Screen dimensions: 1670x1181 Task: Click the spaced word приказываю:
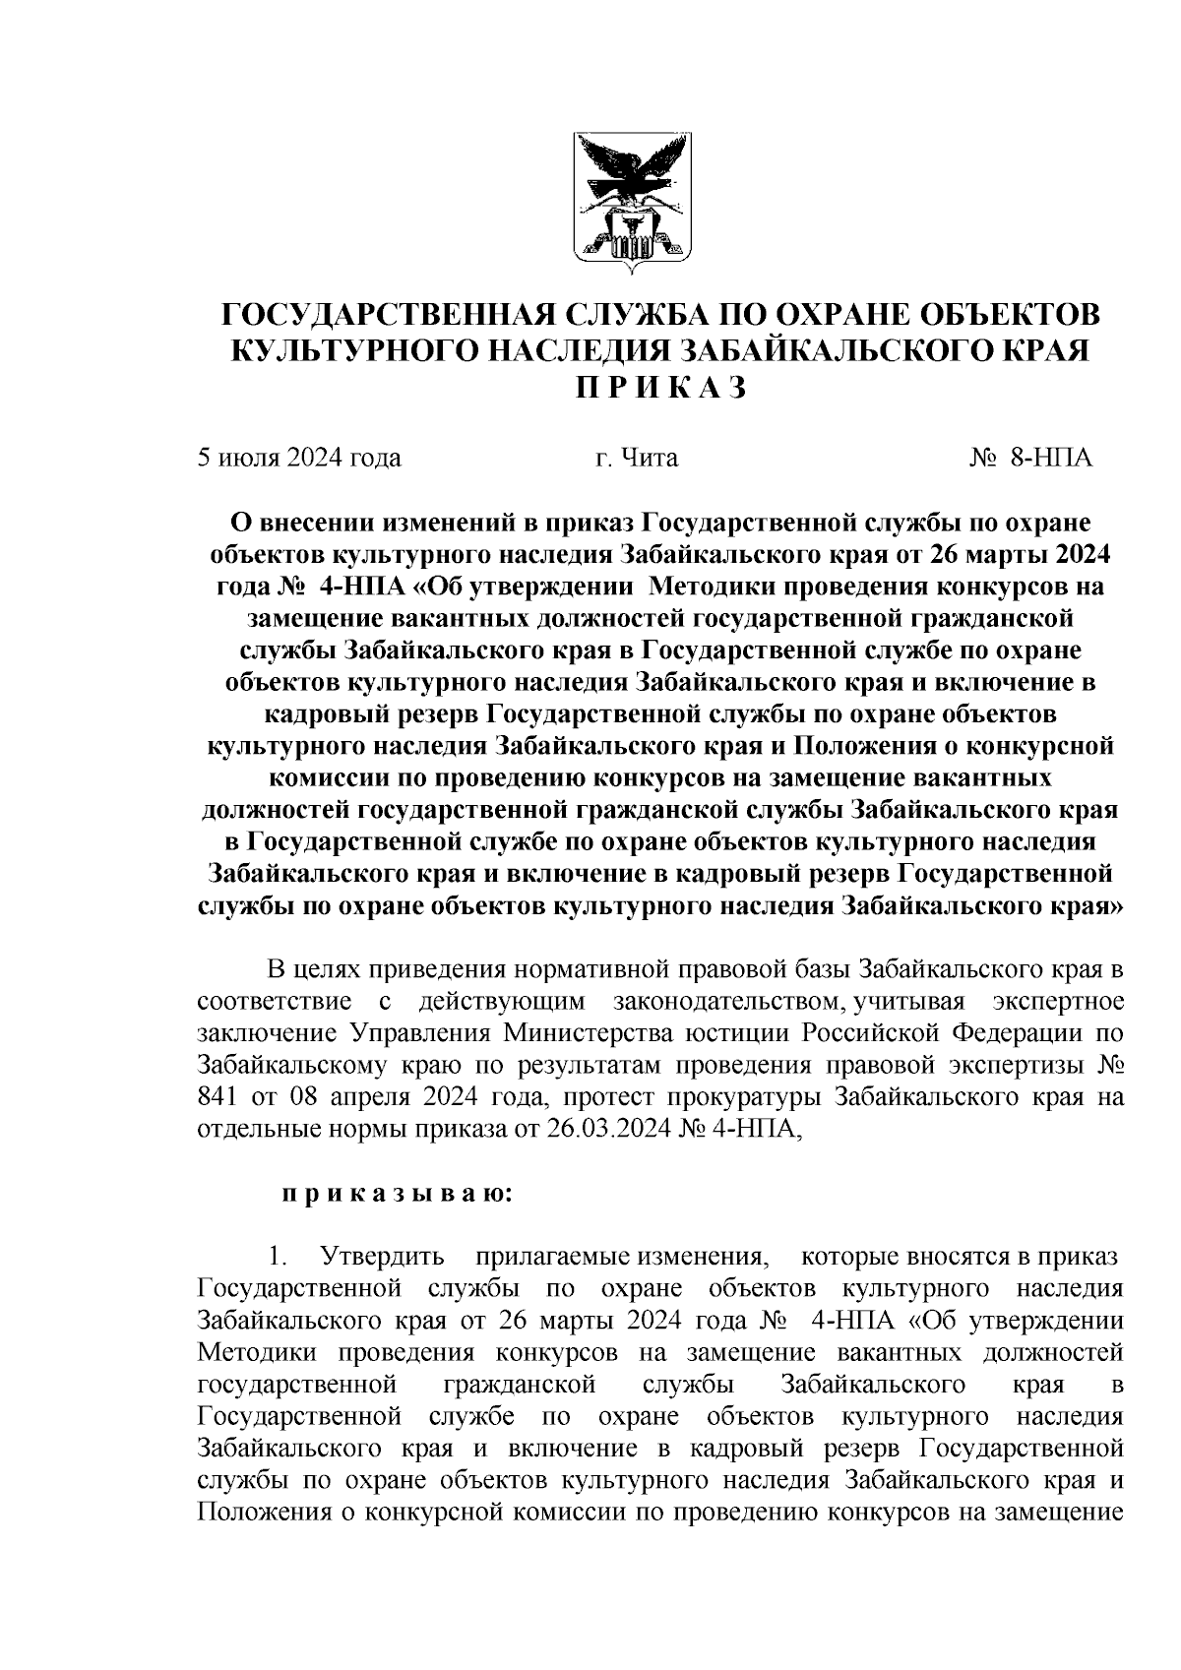click(396, 1195)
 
